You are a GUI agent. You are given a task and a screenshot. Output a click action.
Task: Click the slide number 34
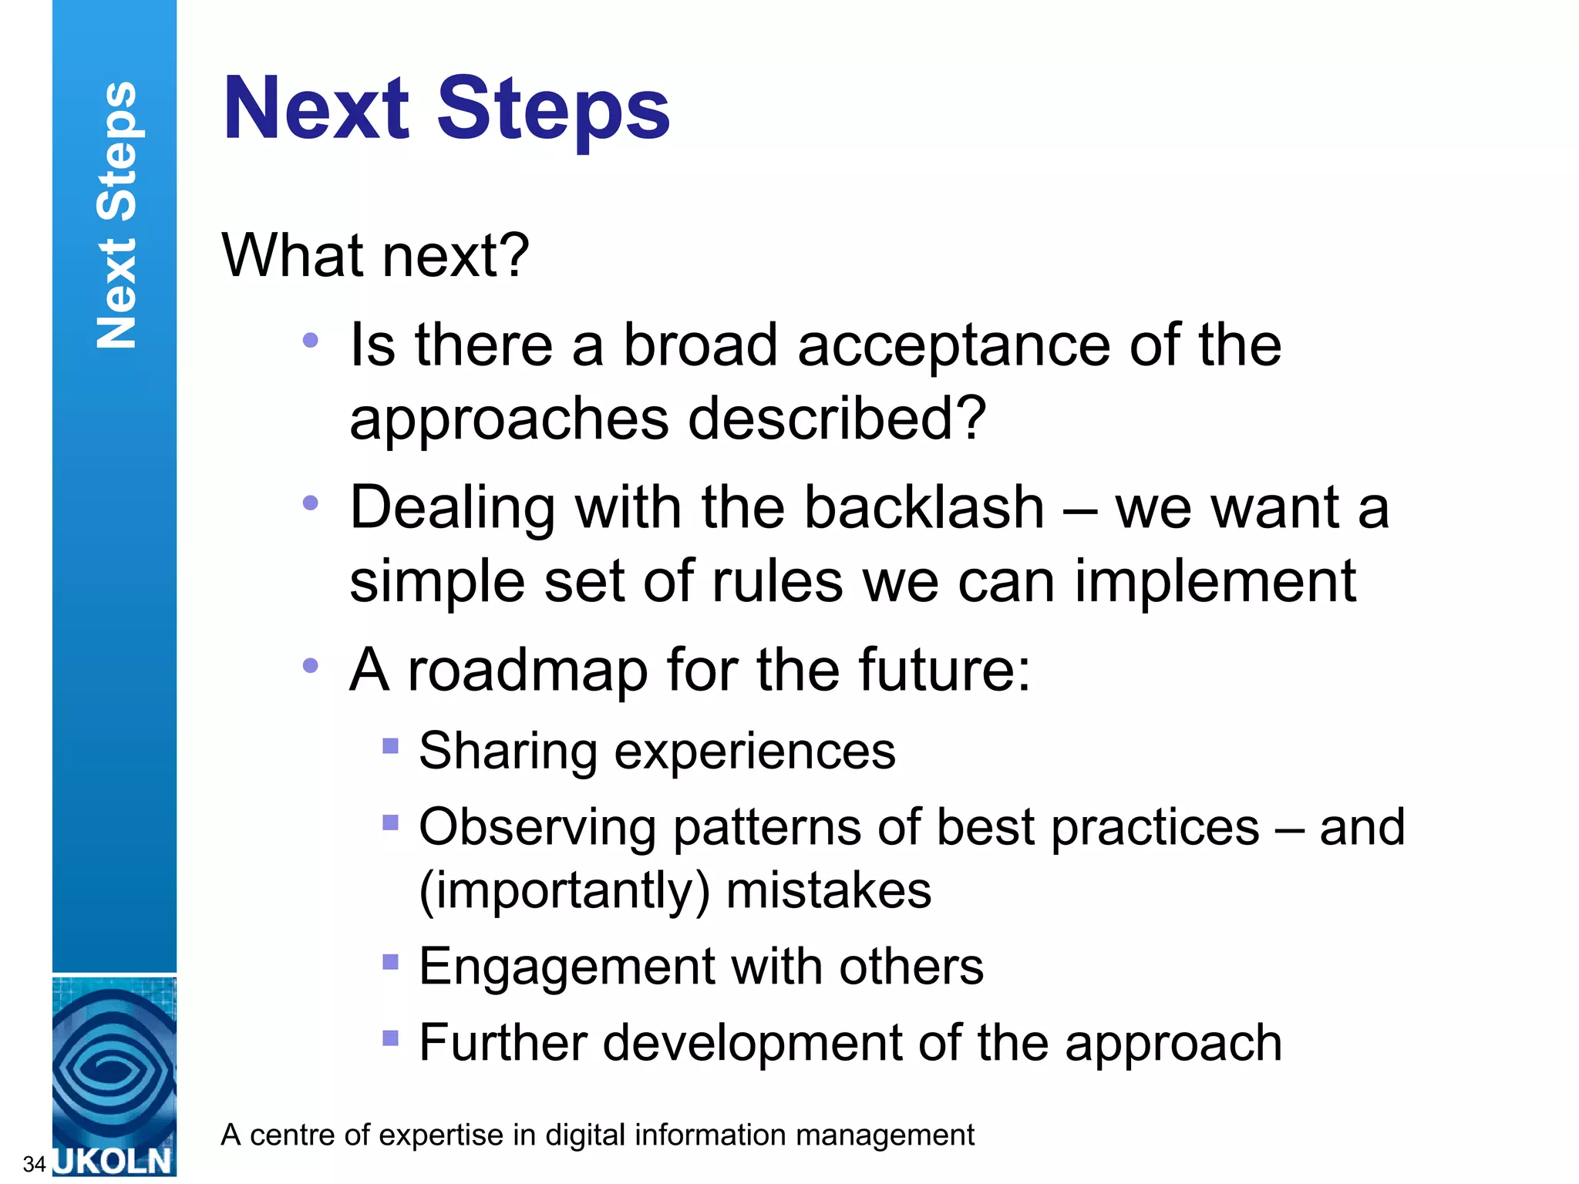tap(34, 1164)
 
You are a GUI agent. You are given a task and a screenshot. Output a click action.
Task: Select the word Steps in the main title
tap(553, 109)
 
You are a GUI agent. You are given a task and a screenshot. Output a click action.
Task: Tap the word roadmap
tap(528, 670)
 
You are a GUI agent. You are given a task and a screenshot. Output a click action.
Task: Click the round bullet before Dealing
tap(311, 503)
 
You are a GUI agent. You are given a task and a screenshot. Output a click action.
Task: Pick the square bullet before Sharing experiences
tap(391, 745)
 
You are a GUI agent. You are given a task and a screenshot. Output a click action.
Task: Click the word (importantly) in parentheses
tap(564, 891)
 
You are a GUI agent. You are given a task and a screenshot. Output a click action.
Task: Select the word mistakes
tap(829, 891)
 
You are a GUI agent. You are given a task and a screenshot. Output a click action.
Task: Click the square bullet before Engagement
tap(391, 961)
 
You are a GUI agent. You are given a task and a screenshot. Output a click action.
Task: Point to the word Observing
tap(537, 828)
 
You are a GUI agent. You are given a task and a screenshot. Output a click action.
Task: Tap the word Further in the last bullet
tap(502, 1043)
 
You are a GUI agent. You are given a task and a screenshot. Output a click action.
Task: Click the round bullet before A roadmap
tap(311, 666)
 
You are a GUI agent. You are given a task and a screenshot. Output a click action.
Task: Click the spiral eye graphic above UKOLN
tap(114, 1068)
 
